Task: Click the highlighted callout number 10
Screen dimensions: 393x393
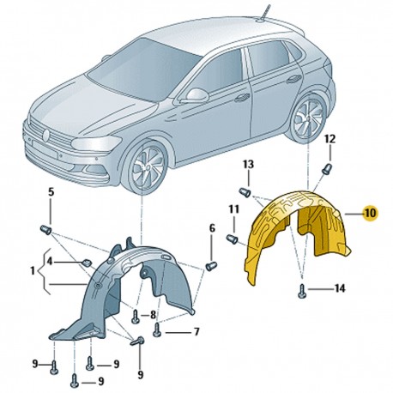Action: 370,214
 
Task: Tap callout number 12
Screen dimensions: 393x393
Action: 330,139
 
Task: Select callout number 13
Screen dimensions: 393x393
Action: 248,165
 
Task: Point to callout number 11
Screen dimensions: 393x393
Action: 233,209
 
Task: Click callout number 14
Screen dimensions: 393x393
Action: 340,288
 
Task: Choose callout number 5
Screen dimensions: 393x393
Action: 51,192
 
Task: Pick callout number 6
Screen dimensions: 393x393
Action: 212,228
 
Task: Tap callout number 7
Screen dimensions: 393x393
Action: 196,332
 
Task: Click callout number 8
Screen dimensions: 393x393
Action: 153,315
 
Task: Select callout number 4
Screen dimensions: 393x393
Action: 50,262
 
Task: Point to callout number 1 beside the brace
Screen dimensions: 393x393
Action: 33,270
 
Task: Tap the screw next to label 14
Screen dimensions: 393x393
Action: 303,291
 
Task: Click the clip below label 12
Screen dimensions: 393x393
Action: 327,168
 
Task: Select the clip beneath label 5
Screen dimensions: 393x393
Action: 45,229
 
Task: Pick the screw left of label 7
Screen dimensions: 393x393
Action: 157,330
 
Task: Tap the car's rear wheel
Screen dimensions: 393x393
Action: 309,118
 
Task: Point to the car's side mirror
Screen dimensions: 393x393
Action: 196,96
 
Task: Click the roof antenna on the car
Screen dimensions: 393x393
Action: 264,13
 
